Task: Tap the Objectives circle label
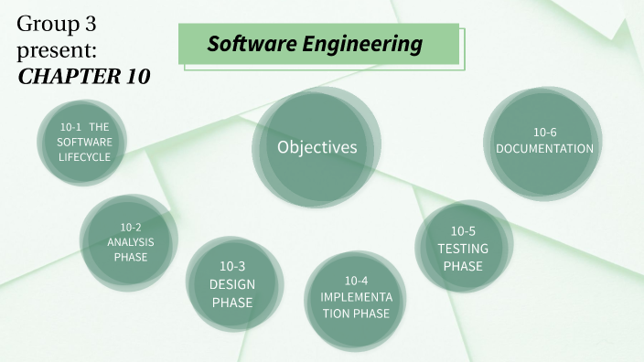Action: pos(317,147)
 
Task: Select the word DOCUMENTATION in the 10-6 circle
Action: pos(544,148)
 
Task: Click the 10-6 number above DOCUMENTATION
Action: pos(544,132)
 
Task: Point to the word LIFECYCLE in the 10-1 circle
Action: pos(84,156)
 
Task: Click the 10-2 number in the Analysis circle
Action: pos(131,227)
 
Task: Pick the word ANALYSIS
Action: pos(131,241)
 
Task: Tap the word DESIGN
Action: pos(232,283)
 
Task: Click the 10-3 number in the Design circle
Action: pos(232,266)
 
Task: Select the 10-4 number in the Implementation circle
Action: pos(356,280)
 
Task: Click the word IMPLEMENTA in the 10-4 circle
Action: pos(356,297)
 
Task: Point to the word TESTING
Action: pos(463,248)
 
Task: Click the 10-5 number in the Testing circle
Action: pos(463,230)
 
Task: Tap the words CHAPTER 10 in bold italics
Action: pos(83,76)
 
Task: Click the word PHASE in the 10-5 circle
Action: pos(463,266)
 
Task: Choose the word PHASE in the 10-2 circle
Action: pos(131,257)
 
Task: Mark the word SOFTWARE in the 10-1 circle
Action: pos(84,142)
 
